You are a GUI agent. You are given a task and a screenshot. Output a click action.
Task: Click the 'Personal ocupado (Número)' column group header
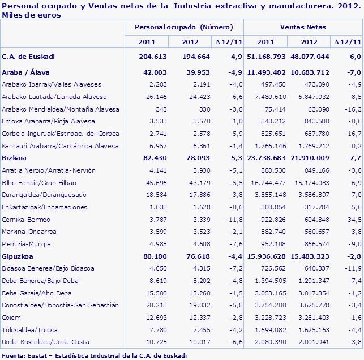[x=183, y=27]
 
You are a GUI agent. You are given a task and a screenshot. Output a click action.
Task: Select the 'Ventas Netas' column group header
[x=303, y=27]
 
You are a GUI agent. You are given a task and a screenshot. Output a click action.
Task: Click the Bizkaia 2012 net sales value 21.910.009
[x=309, y=158]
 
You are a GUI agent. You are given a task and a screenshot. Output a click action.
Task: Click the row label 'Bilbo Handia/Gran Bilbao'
[x=39, y=183]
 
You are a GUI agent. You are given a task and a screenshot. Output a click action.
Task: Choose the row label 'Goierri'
[x=12, y=318]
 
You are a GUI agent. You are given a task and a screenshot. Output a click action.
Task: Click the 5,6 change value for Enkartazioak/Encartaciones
[x=355, y=207]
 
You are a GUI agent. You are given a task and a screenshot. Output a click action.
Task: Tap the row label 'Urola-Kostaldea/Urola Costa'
[x=45, y=342]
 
